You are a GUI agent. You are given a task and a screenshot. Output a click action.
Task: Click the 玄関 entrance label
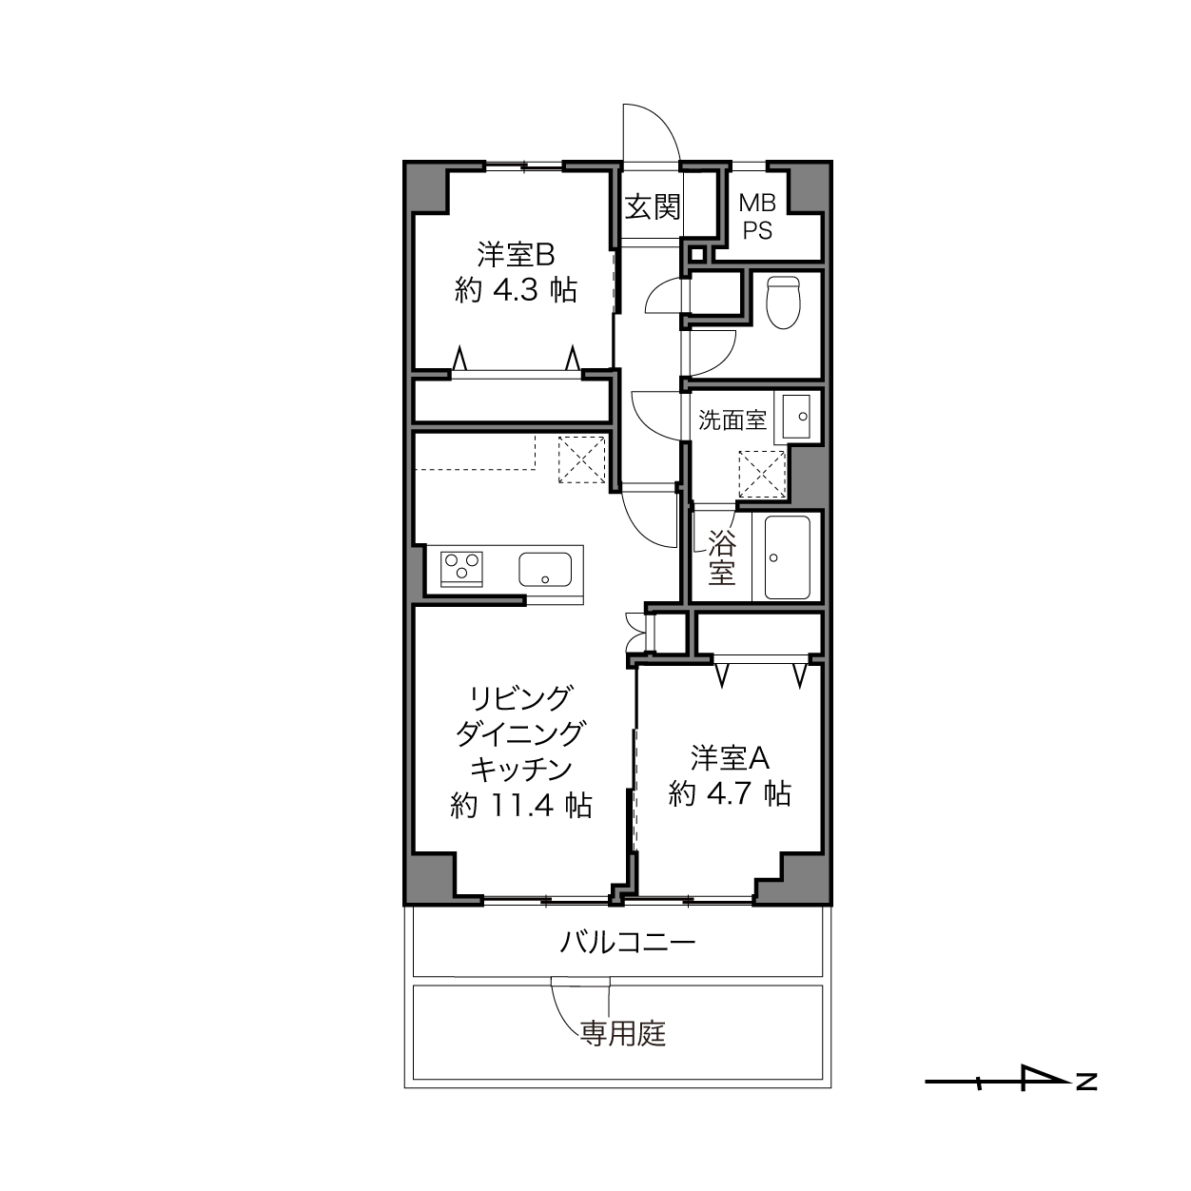652,206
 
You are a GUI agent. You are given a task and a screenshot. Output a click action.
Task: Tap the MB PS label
757,216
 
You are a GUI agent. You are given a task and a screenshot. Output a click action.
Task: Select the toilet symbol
783,303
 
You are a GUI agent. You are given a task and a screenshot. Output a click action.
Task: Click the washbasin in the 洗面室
796,417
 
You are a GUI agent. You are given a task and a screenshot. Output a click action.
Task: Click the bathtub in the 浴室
787,556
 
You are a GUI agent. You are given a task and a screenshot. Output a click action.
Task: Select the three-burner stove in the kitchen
461,569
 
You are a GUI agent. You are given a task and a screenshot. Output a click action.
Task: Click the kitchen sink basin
544,569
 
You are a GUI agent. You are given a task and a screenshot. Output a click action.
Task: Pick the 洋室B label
516,254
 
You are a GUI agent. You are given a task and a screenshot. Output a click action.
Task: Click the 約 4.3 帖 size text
516,290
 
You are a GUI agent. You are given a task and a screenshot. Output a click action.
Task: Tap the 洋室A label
730,757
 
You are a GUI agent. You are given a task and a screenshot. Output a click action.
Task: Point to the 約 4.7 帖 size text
730,793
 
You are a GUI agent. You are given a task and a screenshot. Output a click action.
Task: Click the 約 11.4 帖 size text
521,806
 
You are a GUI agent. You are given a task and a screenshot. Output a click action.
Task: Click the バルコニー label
627,943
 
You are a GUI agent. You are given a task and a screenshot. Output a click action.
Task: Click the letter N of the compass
1086,1082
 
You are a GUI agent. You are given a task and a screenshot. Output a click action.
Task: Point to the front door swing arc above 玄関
664,121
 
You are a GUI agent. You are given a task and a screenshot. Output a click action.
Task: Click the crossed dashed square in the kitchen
581,459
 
